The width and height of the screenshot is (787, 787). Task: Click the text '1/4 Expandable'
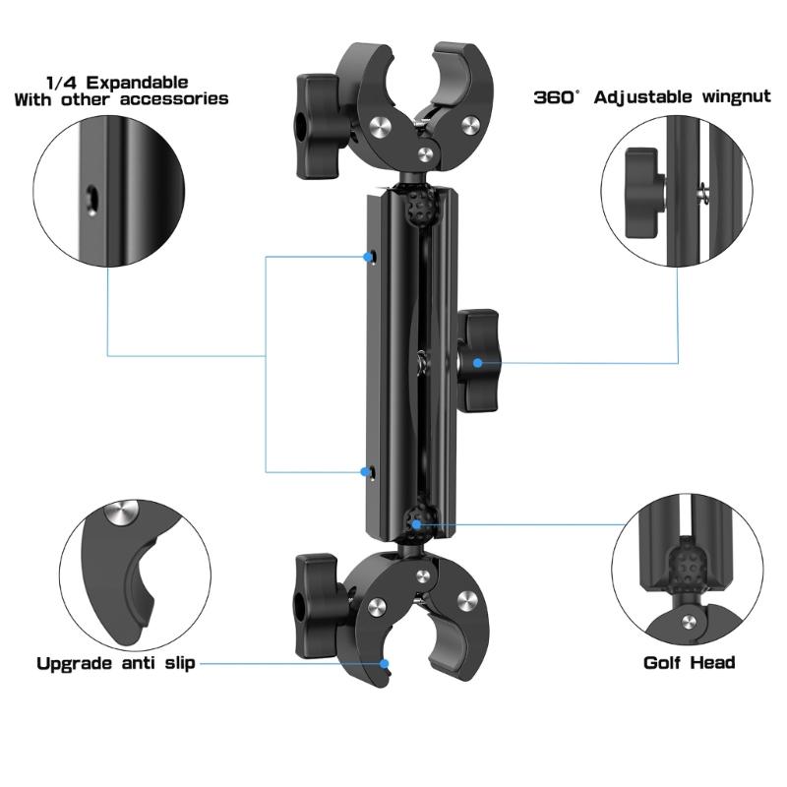(x=117, y=83)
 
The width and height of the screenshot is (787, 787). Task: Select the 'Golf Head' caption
(x=689, y=663)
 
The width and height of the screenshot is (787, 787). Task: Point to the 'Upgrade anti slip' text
(x=115, y=663)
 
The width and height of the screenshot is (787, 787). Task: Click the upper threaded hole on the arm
(x=375, y=258)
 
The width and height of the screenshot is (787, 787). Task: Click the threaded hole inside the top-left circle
(x=91, y=198)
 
